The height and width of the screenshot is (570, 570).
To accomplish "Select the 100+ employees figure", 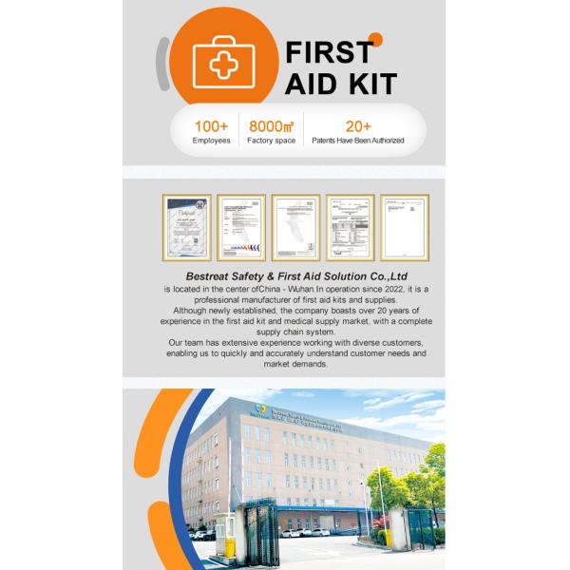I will click(211, 125).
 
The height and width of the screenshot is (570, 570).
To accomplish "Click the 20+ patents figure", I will click(358, 125).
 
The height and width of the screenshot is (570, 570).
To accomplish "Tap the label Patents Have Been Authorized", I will click(358, 141).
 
